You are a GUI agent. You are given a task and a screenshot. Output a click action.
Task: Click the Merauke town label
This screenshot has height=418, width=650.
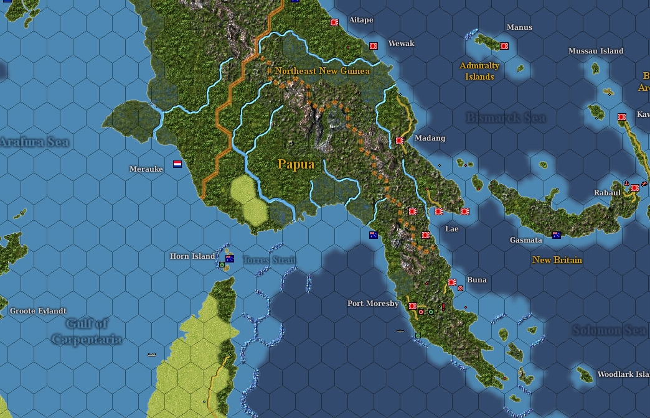coord(146,169)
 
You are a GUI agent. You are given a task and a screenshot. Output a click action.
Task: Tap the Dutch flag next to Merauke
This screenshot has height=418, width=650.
coord(177,164)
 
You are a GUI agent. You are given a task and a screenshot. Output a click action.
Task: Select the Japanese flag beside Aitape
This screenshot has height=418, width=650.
coord(334,22)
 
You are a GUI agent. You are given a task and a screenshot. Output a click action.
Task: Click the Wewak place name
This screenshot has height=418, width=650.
coord(401,44)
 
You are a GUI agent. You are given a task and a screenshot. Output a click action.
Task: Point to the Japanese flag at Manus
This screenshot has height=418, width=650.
coord(504,45)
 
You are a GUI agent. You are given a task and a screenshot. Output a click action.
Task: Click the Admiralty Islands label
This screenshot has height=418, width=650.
coord(479,71)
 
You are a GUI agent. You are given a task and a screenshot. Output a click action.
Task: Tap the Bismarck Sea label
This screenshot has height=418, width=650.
coord(506,118)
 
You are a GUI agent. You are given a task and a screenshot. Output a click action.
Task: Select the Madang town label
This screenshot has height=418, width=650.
coord(430,138)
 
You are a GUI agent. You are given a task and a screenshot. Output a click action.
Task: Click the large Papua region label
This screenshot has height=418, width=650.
coord(296,164)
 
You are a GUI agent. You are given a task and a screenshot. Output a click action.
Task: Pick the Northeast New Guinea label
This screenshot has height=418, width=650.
coord(322,71)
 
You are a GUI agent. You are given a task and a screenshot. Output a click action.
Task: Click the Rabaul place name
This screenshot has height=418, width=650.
coord(607,193)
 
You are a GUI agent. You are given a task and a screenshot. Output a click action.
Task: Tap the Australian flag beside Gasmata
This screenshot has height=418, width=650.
coord(556,235)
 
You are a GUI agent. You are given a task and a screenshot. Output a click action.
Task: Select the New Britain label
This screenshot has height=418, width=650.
coord(557,260)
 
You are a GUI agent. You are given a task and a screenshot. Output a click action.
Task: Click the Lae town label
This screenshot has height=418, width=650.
coord(451,229)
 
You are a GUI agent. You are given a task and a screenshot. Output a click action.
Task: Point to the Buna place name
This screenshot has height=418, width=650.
coord(476,280)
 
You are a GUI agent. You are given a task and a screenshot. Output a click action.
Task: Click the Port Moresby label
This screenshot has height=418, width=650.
coord(373,304)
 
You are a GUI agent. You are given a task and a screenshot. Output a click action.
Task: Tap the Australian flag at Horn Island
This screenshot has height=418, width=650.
coord(230,258)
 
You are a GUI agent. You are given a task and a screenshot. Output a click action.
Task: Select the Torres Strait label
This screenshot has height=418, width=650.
coord(269,260)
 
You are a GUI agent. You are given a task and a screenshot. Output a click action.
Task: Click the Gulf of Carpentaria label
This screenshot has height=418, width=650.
coord(87,331)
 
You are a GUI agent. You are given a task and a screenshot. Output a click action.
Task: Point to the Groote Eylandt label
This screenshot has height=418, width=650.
coord(38,310)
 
